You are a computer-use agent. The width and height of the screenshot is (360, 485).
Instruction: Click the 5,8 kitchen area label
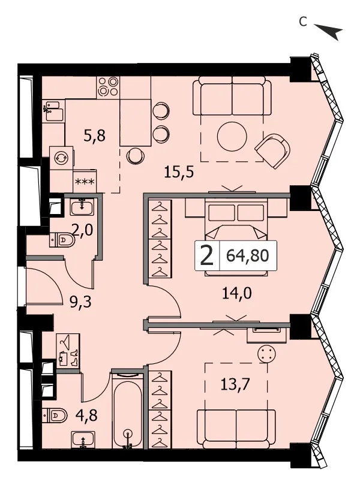tap(95, 135)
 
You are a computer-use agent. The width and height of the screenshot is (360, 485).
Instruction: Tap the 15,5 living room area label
tap(179, 172)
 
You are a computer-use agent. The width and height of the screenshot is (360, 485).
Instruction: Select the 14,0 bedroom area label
tap(237, 293)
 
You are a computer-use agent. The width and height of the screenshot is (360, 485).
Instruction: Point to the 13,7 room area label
tap(235, 384)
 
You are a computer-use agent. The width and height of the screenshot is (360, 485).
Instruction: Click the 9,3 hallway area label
tap(80, 302)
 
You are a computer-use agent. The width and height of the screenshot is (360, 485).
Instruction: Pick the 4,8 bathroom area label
tap(86, 415)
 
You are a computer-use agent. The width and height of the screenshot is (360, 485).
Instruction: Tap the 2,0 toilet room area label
tap(82, 230)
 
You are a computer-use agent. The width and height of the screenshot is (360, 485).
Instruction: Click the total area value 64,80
tap(247, 255)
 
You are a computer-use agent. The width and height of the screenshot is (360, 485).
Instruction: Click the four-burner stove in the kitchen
tap(108, 87)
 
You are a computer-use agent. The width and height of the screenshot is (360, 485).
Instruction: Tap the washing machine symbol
tap(62, 158)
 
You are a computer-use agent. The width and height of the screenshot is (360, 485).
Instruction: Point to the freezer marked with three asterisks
tap(85, 181)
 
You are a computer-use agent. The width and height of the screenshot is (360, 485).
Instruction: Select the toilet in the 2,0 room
tap(62, 240)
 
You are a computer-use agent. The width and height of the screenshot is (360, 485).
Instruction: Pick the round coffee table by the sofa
tap(232, 137)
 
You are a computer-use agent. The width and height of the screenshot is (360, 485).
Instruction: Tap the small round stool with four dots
tap(268, 354)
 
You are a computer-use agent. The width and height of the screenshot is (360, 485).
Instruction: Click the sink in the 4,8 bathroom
tap(83, 440)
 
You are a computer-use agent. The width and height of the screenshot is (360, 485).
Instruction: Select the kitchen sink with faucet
tap(54, 111)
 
